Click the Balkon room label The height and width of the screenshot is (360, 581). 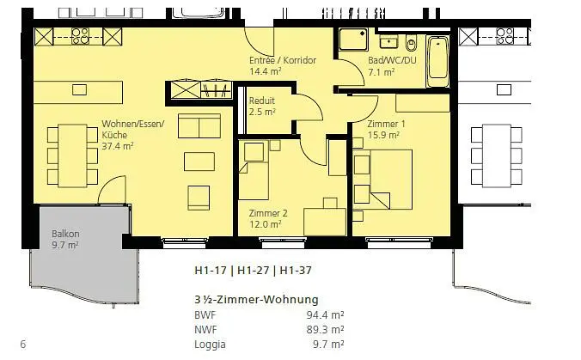click(x=65, y=239)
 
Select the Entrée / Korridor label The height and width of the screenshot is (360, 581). click(x=283, y=65)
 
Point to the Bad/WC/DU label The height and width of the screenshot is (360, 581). click(x=382, y=67)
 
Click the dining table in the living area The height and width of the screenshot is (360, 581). click(x=69, y=156)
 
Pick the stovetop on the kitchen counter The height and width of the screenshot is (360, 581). click(x=80, y=35)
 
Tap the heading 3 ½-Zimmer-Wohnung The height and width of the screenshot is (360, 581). click(x=257, y=300)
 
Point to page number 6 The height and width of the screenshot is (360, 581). click(x=22, y=345)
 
